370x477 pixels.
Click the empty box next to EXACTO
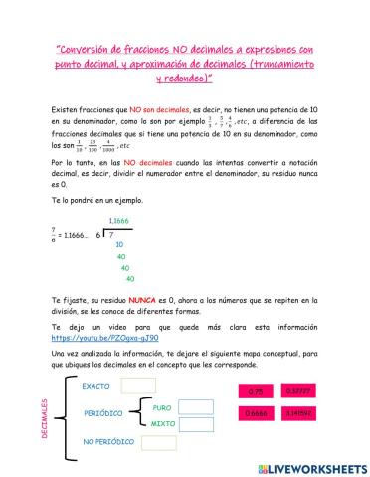tap(138, 386)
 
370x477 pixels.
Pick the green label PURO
tap(161, 406)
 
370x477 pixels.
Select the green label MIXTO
tap(162, 425)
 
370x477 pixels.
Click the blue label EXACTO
tap(95, 386)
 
